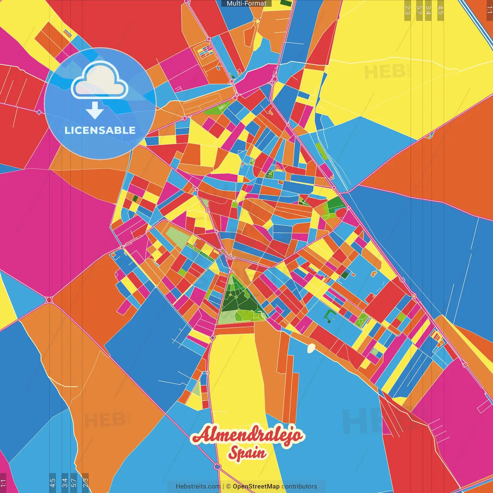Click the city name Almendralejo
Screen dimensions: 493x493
tap(248, 436)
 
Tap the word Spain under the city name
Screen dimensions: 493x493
tap(247, 453)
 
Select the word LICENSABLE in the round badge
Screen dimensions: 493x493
tap(100, 130)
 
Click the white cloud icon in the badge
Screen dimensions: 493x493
tap(100, 80)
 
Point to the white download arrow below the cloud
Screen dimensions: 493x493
tap(95, 110)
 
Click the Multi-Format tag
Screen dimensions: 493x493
tap(246, 3)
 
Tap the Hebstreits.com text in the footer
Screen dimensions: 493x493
tap(198, 486)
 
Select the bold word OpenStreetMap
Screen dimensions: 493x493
tap(256, 486)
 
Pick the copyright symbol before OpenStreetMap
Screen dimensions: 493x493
tap(228, 486)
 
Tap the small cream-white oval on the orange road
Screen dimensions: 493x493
tap(311, 348)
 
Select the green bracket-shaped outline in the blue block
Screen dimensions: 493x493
tap(329, 316)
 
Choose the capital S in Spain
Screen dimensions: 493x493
tap(234, 453)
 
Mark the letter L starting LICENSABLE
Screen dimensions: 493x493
tap(67, 130)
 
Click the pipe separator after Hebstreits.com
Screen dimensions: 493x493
tap(223, 486)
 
